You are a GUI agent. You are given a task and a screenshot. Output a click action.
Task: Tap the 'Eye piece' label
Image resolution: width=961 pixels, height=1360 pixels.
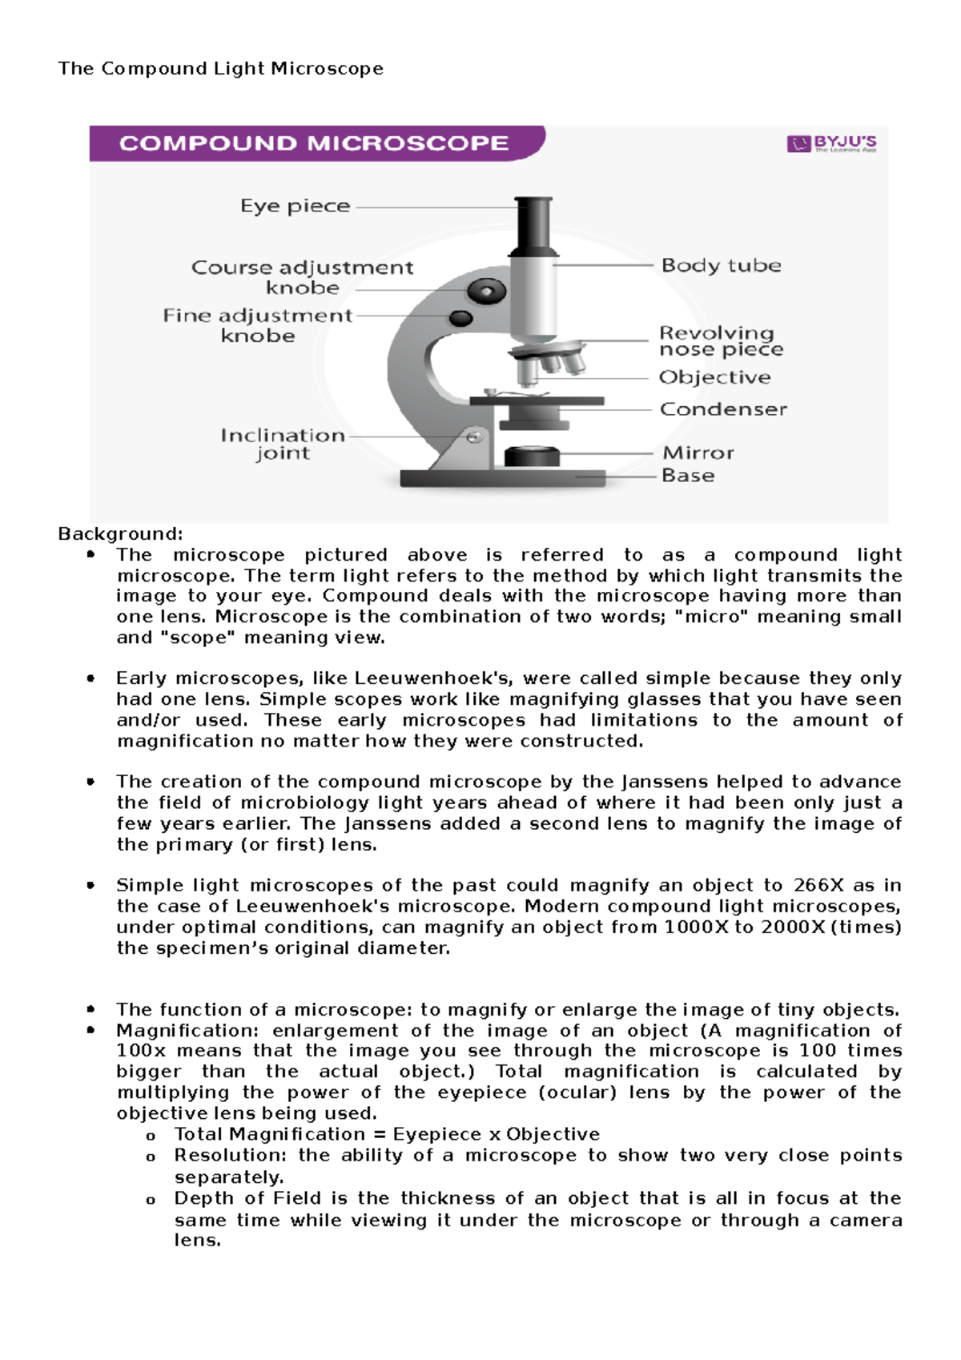[x=295, y=207]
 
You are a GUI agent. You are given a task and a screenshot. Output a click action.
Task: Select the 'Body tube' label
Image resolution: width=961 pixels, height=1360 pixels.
[x=721, y=265]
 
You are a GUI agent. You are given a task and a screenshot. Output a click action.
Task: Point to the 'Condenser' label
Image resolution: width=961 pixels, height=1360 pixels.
[x=722, y=409]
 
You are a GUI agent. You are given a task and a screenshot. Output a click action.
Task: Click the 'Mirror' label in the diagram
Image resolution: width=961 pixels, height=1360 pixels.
[x=698, y=453]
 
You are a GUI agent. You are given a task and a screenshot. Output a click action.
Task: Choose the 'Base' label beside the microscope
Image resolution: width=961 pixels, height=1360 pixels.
[x=687, y=476]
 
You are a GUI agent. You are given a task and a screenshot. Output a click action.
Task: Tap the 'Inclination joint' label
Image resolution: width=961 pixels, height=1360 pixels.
[x=283, y=444]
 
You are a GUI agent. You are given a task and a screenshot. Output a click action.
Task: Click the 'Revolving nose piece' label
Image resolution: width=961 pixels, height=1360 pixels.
[x=720, y=341]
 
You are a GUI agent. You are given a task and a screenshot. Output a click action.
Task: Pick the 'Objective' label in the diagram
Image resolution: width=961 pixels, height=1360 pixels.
[x=714, y=377]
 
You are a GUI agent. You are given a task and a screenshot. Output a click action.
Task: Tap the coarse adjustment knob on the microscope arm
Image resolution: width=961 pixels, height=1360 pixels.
[x=486, y=291]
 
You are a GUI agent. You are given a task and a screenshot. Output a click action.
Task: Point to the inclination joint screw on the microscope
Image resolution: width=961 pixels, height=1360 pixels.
[x=474, y=437]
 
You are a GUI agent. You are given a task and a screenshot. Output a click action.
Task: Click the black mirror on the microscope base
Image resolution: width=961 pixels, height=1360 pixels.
[x=531, y=456]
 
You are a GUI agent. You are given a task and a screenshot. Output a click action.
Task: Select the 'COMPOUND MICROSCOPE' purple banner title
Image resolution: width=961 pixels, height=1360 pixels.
[x=314, y=143]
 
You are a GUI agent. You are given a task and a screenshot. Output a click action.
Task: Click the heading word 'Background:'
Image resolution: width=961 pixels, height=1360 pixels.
[x=120, y=534]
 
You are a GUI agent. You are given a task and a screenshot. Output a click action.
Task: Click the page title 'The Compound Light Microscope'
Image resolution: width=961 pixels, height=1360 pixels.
[x=220, y=69]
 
